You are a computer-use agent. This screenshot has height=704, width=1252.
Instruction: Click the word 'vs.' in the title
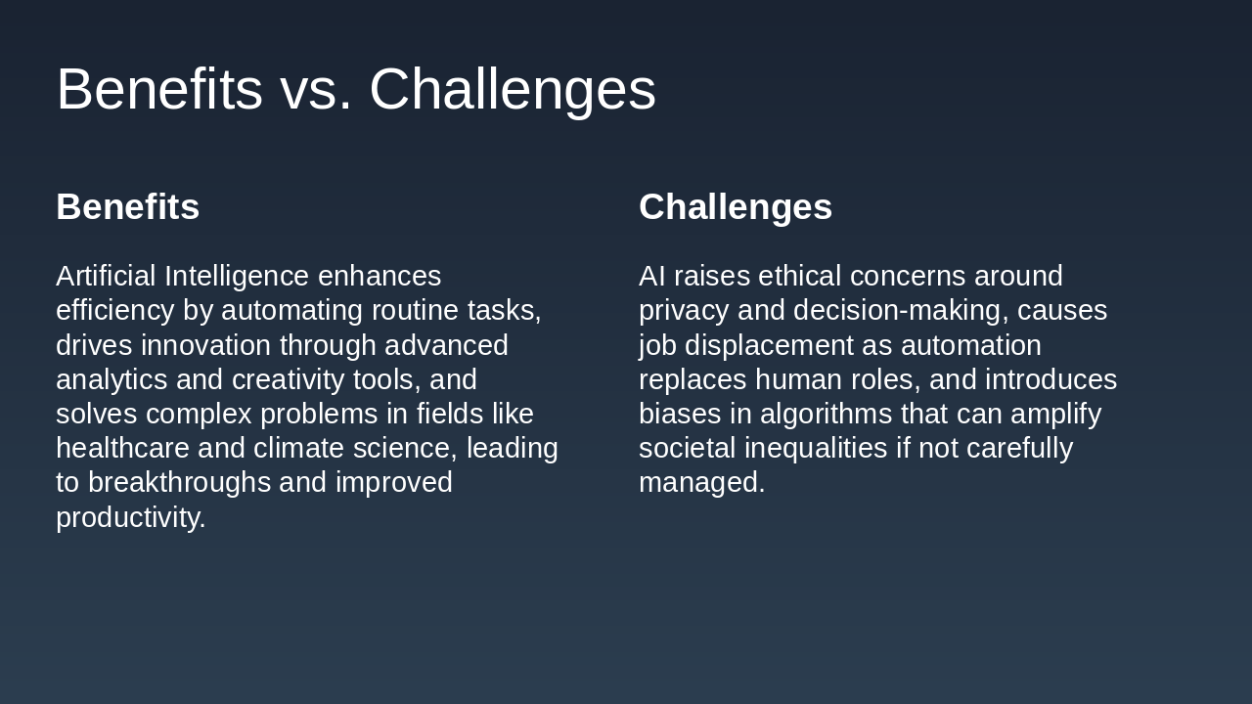click(315, 90)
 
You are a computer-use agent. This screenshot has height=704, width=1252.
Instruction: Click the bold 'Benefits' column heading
click(128, 207)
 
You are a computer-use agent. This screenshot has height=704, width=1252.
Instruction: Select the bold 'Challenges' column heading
click(736, 207)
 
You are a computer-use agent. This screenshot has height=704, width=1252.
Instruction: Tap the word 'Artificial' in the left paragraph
click(106, 277)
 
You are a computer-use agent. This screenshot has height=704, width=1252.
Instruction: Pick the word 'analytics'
click(112, 379)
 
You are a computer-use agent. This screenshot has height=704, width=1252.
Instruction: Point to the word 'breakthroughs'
click(179, 483)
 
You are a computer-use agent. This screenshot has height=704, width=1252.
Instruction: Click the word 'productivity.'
click(131, 517)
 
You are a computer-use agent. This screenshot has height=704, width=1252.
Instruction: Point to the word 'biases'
click(680, 415)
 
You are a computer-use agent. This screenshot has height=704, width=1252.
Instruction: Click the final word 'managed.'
click(701, 483)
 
